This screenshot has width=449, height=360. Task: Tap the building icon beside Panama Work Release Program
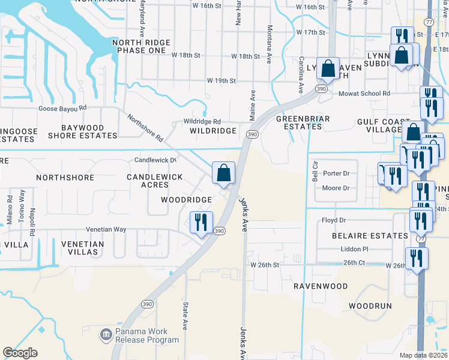(x=106, y=334)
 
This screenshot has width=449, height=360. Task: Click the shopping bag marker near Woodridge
(x=223, y=173)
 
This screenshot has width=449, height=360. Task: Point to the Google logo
(x=20, y=353)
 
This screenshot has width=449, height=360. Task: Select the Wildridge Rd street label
(x=202, y=121)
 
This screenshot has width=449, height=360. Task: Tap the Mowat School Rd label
(x=364, y=94)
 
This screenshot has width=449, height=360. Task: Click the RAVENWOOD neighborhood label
(x=320, y=286)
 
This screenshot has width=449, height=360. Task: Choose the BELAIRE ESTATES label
(x=370, y=236)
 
